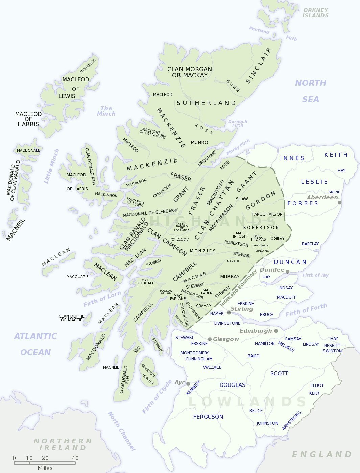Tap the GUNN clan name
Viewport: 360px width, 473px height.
click(x=233, y=86)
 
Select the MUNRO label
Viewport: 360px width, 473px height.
click(x=199, y=142)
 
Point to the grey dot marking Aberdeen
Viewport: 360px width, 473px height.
click(x=340, y=203)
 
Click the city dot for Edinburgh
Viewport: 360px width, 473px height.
click(x=276, y=331)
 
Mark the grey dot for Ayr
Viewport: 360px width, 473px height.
click(x=188, y=384)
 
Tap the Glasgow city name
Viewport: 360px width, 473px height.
click(x=226, y=339)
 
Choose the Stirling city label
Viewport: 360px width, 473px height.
click(x=242, y=309)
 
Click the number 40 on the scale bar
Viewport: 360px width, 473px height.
click(x=75, y=458)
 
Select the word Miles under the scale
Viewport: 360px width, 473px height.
click(x=45, y=468)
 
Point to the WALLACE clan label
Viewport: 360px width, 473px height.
click(x=212, y=367)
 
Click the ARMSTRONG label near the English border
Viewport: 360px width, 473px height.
click(x=291, y=420)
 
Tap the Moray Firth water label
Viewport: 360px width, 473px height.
click(x=238, y=147)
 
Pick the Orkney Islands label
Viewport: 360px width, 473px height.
click(x=315, y=13)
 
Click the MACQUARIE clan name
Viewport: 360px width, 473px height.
click(x=77, y=277)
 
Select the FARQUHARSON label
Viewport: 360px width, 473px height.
click(x=267, y=214)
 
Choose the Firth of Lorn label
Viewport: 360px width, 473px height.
click(x=102, y=299)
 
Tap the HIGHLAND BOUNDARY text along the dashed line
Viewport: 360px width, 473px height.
click(x=239, y=288)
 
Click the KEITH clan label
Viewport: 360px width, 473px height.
click(x=336, y=155)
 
